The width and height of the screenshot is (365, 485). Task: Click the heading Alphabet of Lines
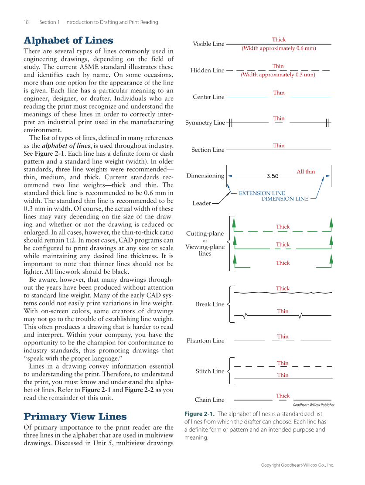click(68, 41)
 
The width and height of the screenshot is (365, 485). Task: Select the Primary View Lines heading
click(75, 416)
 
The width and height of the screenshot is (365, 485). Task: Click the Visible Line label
click(208, 44)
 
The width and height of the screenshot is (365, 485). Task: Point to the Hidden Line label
click(207, 71)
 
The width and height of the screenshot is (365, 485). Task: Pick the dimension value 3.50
click(272, 176)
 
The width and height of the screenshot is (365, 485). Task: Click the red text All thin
click(306, 172)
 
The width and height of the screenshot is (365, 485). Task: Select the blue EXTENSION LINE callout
click(262, 193)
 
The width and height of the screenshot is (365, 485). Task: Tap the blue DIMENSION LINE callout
click(284, 199)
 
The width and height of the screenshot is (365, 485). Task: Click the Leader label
click(201, 203)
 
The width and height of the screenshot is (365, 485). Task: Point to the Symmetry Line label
click(205, 123)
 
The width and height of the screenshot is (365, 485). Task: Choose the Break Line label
click(210, 304)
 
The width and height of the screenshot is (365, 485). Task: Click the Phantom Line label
click(205, 341)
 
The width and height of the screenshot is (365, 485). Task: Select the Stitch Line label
click(210, 371)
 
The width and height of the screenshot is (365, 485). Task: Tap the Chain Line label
click(209, 400)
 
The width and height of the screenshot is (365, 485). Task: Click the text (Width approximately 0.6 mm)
click(279, 48)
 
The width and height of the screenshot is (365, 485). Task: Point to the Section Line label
click(208, 150)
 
